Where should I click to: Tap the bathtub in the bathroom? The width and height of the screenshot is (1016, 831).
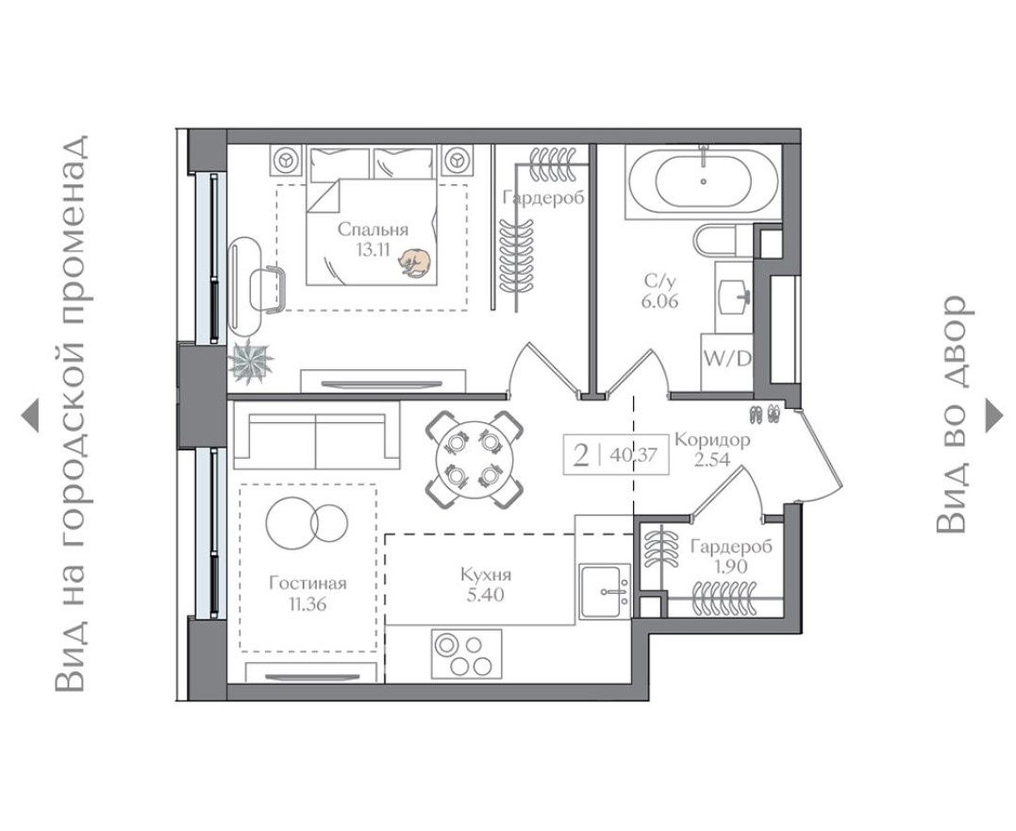click(704, 179)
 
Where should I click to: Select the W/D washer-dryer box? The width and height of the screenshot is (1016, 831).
click(726, 361)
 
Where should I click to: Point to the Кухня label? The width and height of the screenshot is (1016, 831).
click(487, 574)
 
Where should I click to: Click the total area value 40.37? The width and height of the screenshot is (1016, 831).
click(633, 454)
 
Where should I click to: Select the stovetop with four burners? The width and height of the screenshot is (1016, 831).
click(466, 653)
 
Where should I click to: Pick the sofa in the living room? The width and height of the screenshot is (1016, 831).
click(316, 436)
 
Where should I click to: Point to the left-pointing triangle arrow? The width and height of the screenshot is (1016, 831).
click(30, 415)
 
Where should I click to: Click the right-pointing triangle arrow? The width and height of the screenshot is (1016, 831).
click(993, 415)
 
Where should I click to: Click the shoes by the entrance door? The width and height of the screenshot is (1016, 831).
click(763, 414)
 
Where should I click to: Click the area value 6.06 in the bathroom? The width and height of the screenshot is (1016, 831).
click(659, 300)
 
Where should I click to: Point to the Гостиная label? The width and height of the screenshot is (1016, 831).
click(307, 583)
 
